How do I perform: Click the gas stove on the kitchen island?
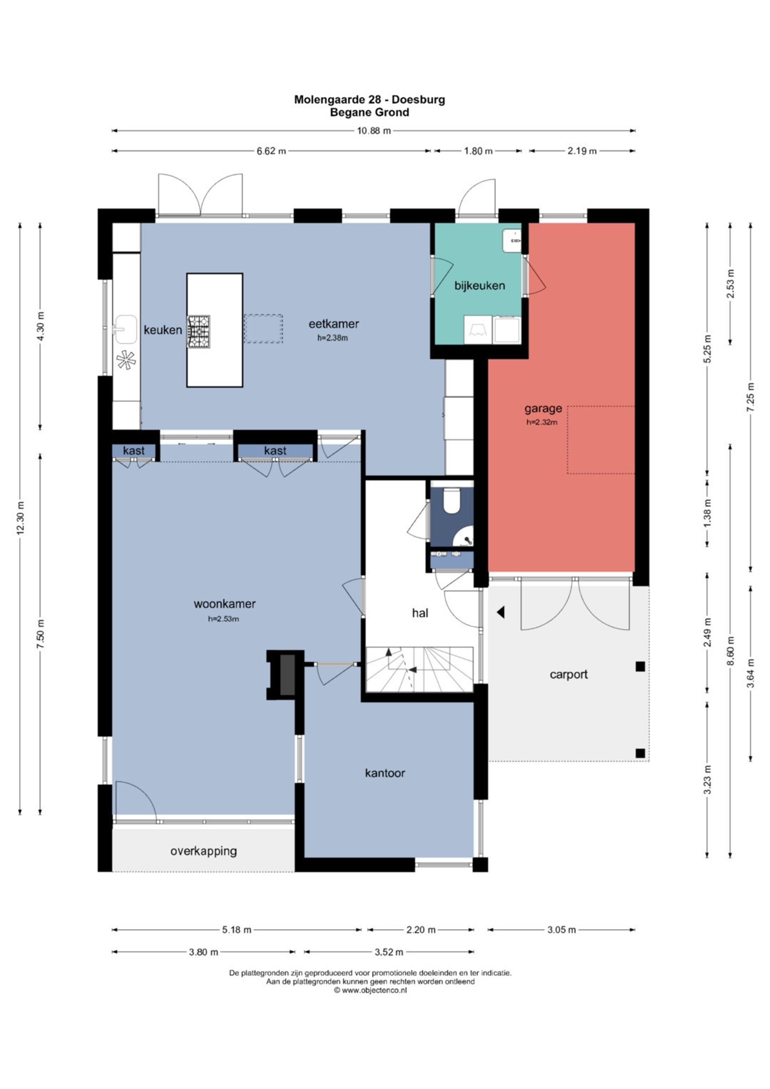199,332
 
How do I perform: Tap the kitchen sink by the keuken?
125,329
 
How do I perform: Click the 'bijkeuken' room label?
479,286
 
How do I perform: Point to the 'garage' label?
543,408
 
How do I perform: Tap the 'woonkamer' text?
224,604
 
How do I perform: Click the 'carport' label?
569,674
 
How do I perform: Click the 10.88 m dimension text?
374,131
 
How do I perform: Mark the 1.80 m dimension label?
478,151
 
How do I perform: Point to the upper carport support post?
640,666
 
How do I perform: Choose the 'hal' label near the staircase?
420,613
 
